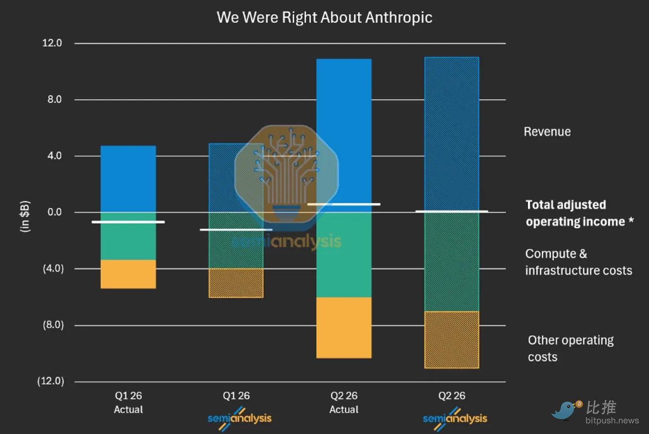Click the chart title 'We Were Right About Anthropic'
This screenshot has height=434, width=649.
pos(324,17)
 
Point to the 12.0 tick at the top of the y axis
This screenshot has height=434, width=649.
pos(52,43)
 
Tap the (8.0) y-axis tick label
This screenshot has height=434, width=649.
pos(53,325)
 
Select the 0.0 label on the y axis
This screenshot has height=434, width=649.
pos(55,212)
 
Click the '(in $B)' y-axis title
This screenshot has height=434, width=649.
pos(25,217)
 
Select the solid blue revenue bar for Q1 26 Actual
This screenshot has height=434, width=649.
pos(129,179)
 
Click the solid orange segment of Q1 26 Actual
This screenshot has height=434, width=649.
pos(129,274)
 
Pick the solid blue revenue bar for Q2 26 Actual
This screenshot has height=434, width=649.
pos(344,136)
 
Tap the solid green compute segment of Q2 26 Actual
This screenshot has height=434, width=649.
pos(344,255)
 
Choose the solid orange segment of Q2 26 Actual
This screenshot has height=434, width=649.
pos(344,328)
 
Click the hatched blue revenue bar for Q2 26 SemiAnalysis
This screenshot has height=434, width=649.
pos(452,135)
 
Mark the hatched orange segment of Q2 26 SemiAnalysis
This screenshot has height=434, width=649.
pos(452,340)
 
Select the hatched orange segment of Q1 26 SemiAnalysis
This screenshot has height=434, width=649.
pos(236,283)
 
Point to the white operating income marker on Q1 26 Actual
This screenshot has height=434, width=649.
pos(129,222)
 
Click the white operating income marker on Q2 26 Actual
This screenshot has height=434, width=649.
pos(344,204)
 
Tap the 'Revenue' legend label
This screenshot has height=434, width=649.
pos(547,132)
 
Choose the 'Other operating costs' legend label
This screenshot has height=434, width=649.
pos(571,349)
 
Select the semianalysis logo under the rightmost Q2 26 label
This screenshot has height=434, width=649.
pos(455,418)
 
